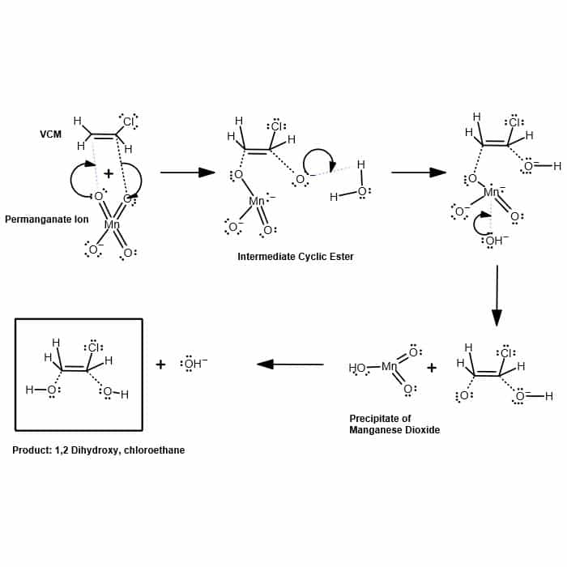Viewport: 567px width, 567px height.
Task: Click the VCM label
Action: pos(50,134)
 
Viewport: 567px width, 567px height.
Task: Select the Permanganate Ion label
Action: pos(46,220)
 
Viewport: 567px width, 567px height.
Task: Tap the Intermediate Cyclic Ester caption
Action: pos(296,257)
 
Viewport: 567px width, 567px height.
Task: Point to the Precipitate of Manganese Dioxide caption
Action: pos(394,424)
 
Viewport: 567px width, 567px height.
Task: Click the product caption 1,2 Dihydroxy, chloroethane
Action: pos(98,450)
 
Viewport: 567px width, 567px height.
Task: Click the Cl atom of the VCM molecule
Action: pos(129,122)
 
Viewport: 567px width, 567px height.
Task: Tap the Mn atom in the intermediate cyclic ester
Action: pos(258,201)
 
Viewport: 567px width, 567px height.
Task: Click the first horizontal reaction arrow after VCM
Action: pos(187,173)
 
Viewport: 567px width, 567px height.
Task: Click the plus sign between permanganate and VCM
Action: pos(109,173)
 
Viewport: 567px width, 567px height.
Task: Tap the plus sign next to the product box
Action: pos(160,364)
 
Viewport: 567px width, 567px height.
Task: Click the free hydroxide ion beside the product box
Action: pos(193,364)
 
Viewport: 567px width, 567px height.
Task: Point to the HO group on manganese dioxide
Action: pos(357,368)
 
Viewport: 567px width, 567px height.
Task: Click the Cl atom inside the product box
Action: pos(93,347)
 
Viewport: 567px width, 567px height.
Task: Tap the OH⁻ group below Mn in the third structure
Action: pos(495,241)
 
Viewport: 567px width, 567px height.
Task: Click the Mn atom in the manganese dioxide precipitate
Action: pos(390,367)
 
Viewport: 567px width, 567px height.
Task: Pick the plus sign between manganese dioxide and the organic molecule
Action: pos(431,368)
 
